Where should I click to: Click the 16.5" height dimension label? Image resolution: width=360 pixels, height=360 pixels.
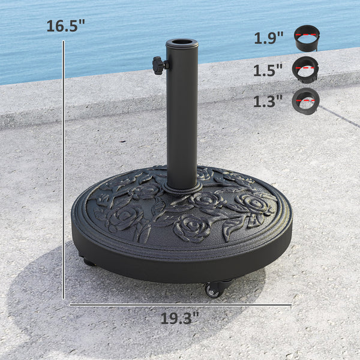[x=66, y=26]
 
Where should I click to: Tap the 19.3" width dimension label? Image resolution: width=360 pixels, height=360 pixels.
[x=179, y=318]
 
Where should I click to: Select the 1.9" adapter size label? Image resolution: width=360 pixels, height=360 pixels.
[x=268, y=38]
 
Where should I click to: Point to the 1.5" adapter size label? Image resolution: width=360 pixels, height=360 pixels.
[x=268, y=70]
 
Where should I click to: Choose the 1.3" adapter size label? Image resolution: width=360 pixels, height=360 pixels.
[x=268, y=101]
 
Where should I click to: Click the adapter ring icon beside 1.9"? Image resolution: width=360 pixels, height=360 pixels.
[x=307, y=38]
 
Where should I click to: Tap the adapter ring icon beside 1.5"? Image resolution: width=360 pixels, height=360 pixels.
[x=305, y=69]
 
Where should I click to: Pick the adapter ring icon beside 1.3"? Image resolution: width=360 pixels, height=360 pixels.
[x=305, y=100]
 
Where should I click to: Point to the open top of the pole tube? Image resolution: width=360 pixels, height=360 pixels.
[x=182, y=44]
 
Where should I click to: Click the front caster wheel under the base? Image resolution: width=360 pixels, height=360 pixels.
[x=213, y=289]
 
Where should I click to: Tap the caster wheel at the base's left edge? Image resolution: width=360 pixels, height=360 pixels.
[x=89, y=262]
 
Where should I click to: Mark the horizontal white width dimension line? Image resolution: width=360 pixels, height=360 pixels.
[x=180, y=305]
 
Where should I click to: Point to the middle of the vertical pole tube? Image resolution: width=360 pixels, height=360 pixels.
[x=182, y=114]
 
